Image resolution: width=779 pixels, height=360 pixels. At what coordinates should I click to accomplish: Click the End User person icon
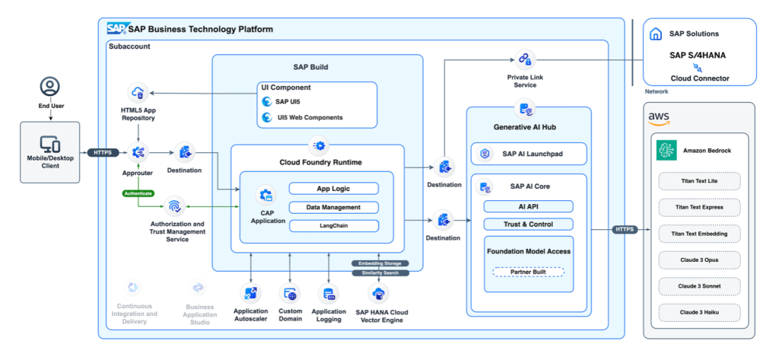pos(50,86)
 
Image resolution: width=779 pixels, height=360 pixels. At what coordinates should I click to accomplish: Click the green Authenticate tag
pos(139,193)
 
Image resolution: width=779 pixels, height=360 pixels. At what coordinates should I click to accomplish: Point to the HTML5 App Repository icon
pos(138,94)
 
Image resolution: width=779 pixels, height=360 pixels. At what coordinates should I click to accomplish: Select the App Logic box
pos(333,189)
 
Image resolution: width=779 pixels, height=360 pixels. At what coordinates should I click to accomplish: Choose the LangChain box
pos(333,225)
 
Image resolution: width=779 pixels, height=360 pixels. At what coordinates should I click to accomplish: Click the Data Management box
pos(333,207)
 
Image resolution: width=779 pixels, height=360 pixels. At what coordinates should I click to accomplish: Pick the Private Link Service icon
pos(524,58)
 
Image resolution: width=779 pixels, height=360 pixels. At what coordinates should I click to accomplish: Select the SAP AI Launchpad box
pos(529,154)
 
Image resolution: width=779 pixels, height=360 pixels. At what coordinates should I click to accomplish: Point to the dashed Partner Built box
pos(528,272)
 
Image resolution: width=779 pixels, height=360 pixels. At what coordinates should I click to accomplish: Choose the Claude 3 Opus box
pos(699,260)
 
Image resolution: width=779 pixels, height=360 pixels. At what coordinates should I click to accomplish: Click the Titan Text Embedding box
pos(699,233)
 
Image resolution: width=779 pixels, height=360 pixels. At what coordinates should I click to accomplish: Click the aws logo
pos(658,117)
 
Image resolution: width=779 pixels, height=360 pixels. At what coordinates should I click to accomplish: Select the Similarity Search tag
pos(380,272)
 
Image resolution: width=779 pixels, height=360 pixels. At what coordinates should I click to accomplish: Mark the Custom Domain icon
pos(290,295)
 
